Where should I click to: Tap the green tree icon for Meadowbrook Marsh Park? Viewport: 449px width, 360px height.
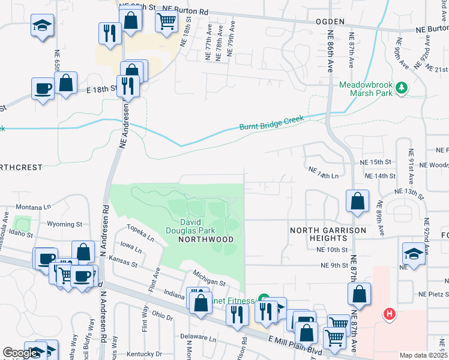click(402, 89)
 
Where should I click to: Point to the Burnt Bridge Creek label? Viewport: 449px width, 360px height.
click(271, 122)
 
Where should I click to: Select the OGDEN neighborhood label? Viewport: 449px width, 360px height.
click(330, 22)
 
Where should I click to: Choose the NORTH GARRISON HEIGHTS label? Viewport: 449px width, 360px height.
click(328, 235)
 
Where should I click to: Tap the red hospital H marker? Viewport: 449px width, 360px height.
click(390, 313)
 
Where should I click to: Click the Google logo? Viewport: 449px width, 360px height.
click(20, 353)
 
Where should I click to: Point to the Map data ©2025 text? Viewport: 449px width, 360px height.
click(423, 355)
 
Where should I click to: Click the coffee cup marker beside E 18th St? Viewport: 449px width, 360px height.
click(43, 88)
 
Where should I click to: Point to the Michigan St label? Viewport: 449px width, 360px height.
click(209, 278)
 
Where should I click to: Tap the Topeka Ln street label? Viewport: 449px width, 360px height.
click(139, 233)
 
